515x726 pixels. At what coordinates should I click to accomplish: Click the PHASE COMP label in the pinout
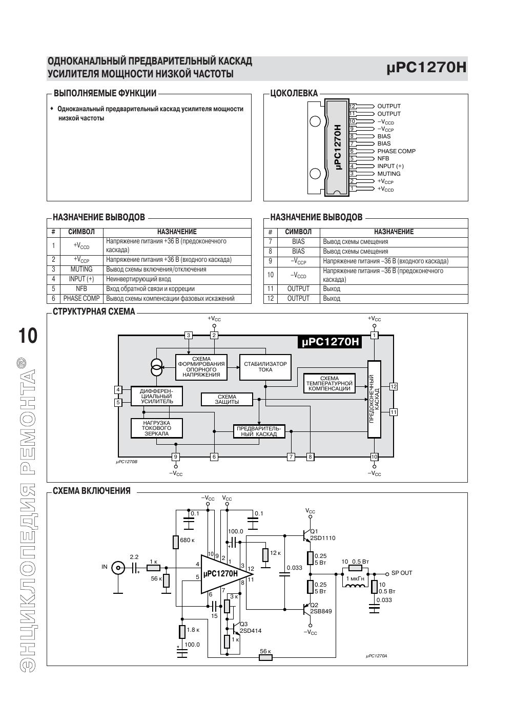[x=396, y=151]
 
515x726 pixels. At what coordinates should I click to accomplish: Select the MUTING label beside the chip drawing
[x=388, y=174]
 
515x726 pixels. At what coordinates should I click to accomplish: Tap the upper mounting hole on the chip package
[x=315, y=121]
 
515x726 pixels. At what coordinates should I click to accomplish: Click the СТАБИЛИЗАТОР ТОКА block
[x=265, y=367]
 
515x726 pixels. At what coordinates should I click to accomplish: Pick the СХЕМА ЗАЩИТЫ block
[x=227, y=399]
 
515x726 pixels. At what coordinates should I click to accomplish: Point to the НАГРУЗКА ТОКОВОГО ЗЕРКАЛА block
[x=156, y=428]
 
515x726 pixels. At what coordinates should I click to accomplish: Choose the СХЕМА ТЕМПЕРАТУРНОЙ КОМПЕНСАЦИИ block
[x=329, y=383]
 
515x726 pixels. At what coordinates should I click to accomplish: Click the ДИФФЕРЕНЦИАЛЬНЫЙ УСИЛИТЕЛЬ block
[x=156, y=396]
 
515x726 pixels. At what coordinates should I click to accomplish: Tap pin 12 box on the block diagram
[x=394, y=386]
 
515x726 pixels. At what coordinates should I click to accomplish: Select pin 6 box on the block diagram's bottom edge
[x=214, y=457]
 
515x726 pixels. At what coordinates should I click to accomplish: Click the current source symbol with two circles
[x=156, y=367]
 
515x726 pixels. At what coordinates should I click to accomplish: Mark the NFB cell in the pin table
[x=81, y=289]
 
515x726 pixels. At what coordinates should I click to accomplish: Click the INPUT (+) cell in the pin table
[x=81, y=279]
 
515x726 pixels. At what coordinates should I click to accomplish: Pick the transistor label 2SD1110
[x=322, y=538]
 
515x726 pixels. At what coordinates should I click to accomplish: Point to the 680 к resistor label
[x=187, y=540]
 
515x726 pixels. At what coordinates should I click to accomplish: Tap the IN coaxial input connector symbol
[x=118, y=568]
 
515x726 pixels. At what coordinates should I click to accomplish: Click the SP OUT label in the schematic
[x=402, y=573]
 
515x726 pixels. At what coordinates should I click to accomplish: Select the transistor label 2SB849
[x=321, y=611]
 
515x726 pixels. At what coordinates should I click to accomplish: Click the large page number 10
[x=28, y=336]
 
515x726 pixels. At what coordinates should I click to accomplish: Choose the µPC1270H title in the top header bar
[x=426, y=68]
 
